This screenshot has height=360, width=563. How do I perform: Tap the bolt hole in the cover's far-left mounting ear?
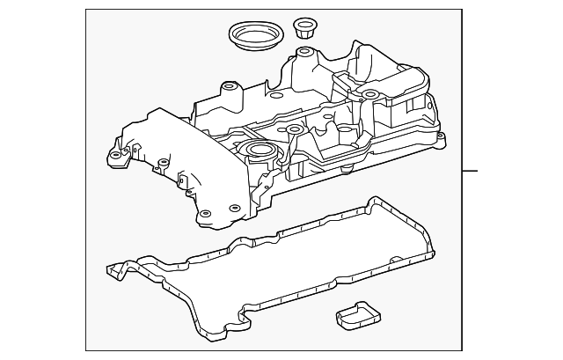pyautogui.click(x=113, y=156)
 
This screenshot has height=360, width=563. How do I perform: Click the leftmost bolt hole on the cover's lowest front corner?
pyautogui.click(x=204, y=213)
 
